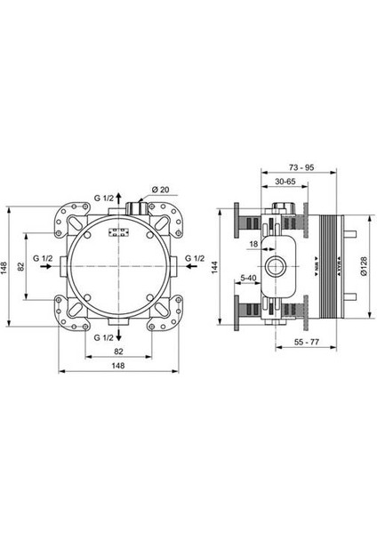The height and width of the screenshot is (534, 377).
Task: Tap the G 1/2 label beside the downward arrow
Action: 105,339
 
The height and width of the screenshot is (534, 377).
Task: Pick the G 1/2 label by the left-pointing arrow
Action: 43,258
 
